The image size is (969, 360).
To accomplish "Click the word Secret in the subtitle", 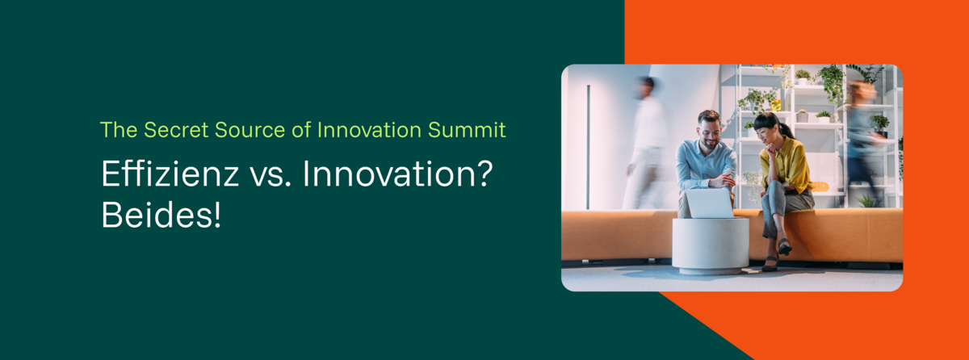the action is [x=176, y=130].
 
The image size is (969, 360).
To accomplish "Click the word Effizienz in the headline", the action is [x=170, y=174].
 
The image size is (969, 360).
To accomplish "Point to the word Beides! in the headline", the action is [x=161, y=215].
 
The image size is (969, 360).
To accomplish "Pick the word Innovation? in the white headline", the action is [x=397, y=174].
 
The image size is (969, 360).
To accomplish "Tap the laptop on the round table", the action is [x=710, y=203].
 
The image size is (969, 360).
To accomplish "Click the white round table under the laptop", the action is [x=711, y=245].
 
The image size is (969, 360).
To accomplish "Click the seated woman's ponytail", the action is [x=787, y=129].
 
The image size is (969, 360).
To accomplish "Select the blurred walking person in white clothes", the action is [x=646, y=144].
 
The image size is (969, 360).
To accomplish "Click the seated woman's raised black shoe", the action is [x=785, y=246].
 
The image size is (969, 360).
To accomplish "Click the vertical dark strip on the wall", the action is [x=588, y=147].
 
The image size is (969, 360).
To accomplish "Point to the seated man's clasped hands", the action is [x=723, y=181].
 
